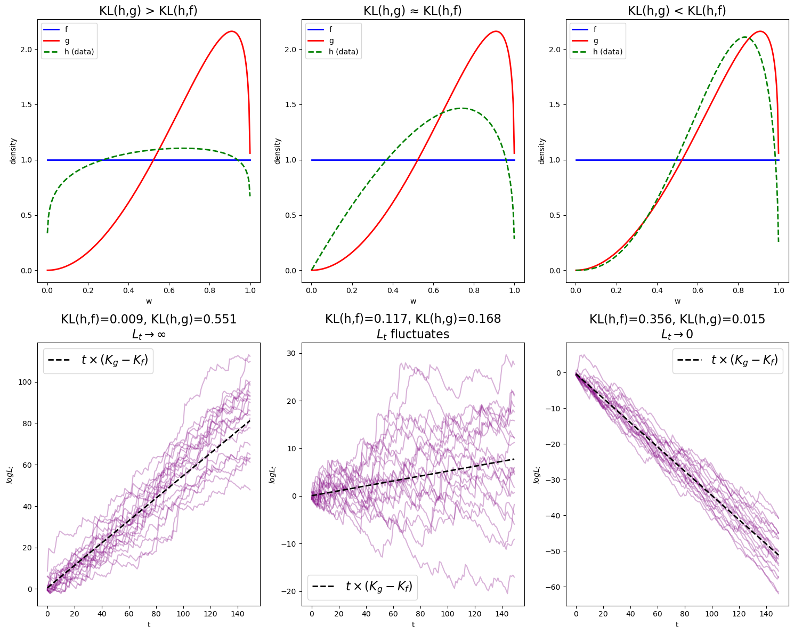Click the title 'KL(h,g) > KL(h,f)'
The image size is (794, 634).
[x=148, y=11]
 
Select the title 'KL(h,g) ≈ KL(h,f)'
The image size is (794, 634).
[x=412, y=11]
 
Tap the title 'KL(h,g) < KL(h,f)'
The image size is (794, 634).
[x=677, y=11]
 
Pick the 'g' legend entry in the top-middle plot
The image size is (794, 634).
[x=331, y=40]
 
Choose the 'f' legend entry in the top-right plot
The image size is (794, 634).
[x=596, y=30]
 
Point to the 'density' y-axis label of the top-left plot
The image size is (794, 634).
[x=13, y=151]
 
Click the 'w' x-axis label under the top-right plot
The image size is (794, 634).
[x=677, y=301]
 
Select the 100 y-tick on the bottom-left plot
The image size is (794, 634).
[x=25, y=382]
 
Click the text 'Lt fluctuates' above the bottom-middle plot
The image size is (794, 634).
[x=413, y=334]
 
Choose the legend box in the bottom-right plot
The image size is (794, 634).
[x=727, y=361]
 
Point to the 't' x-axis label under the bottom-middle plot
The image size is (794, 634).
[x=413, y=624]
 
